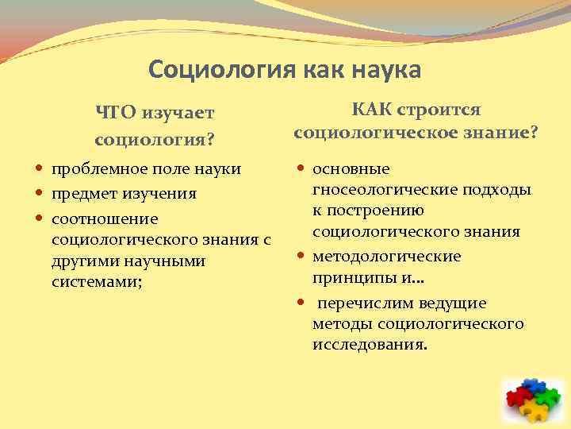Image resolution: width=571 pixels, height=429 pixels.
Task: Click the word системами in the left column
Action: point(95,281)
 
